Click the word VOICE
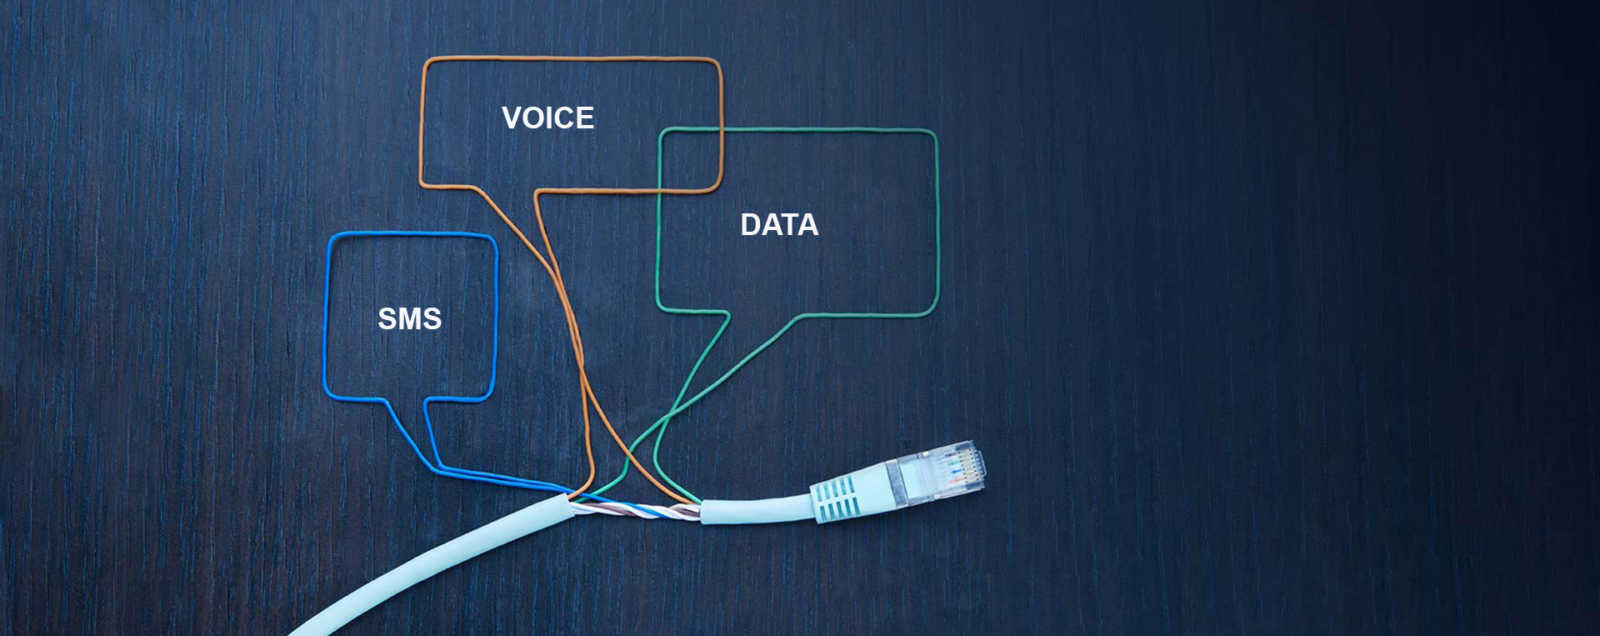(547, 118)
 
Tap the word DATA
(779, 225)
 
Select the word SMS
(409, 319)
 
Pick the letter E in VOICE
(584, 118)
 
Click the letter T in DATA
(788, 225)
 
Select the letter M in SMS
(409, 319)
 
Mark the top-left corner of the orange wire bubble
(426, 62)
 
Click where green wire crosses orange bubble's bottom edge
(660, 190)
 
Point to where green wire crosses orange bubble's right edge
(720, 130)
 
